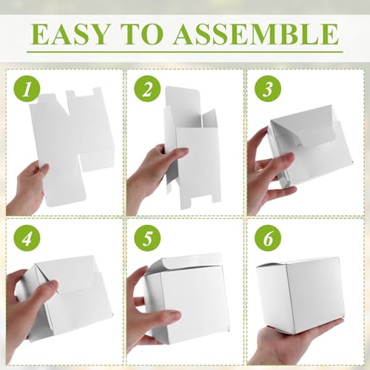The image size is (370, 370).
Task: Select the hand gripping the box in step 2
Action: [x=152, y=174]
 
